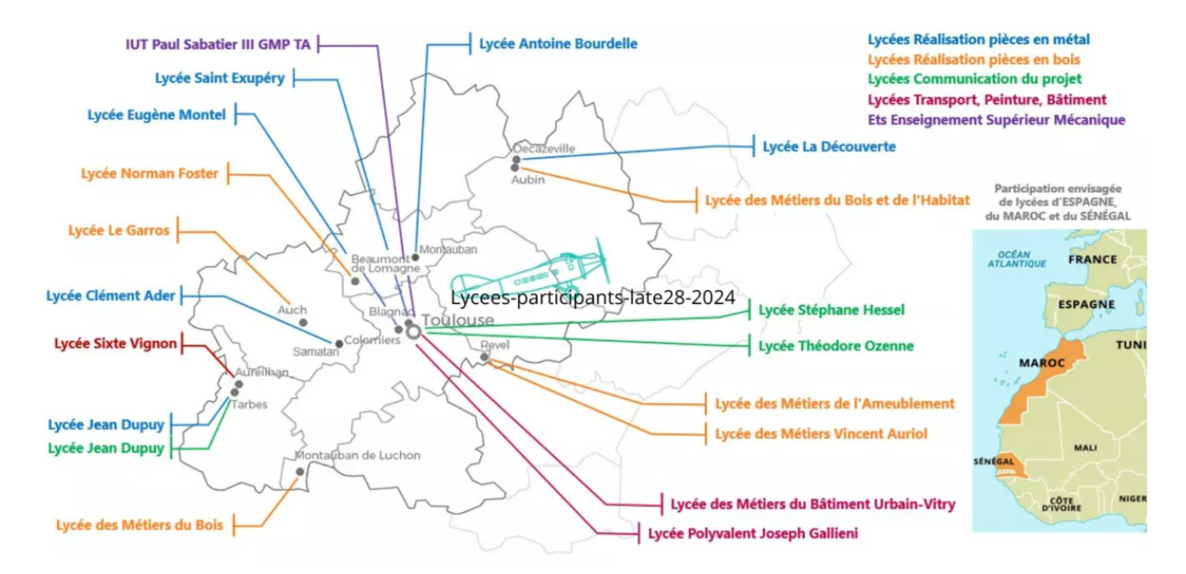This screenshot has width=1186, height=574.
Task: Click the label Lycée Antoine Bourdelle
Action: pos(558,43)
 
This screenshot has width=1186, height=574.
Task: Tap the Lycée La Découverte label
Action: pos(829,146)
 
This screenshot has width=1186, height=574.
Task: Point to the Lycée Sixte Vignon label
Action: pos(115,344)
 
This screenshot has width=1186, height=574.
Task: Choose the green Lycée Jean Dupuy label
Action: pos(106,448)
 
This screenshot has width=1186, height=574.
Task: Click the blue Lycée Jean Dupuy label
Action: pos(106,425)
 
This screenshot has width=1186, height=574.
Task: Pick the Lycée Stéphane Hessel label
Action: pos(831,311)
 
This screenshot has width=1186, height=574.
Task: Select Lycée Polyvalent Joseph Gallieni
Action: pos(753,533)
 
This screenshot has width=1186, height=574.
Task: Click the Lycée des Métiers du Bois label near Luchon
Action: pos(139,525)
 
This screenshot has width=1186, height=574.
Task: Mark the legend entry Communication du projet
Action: pos(974,79)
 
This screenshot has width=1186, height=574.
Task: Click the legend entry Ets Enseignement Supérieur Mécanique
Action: pos(997,120)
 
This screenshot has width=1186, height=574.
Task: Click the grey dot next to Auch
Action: pos(303,323)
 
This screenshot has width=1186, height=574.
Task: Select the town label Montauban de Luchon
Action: pos(357,456)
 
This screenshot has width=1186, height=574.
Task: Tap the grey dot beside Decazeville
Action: pos(515,161)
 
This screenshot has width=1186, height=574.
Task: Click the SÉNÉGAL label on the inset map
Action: pos(994,461)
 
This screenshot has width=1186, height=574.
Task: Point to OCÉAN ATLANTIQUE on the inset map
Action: pos(1016,258)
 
